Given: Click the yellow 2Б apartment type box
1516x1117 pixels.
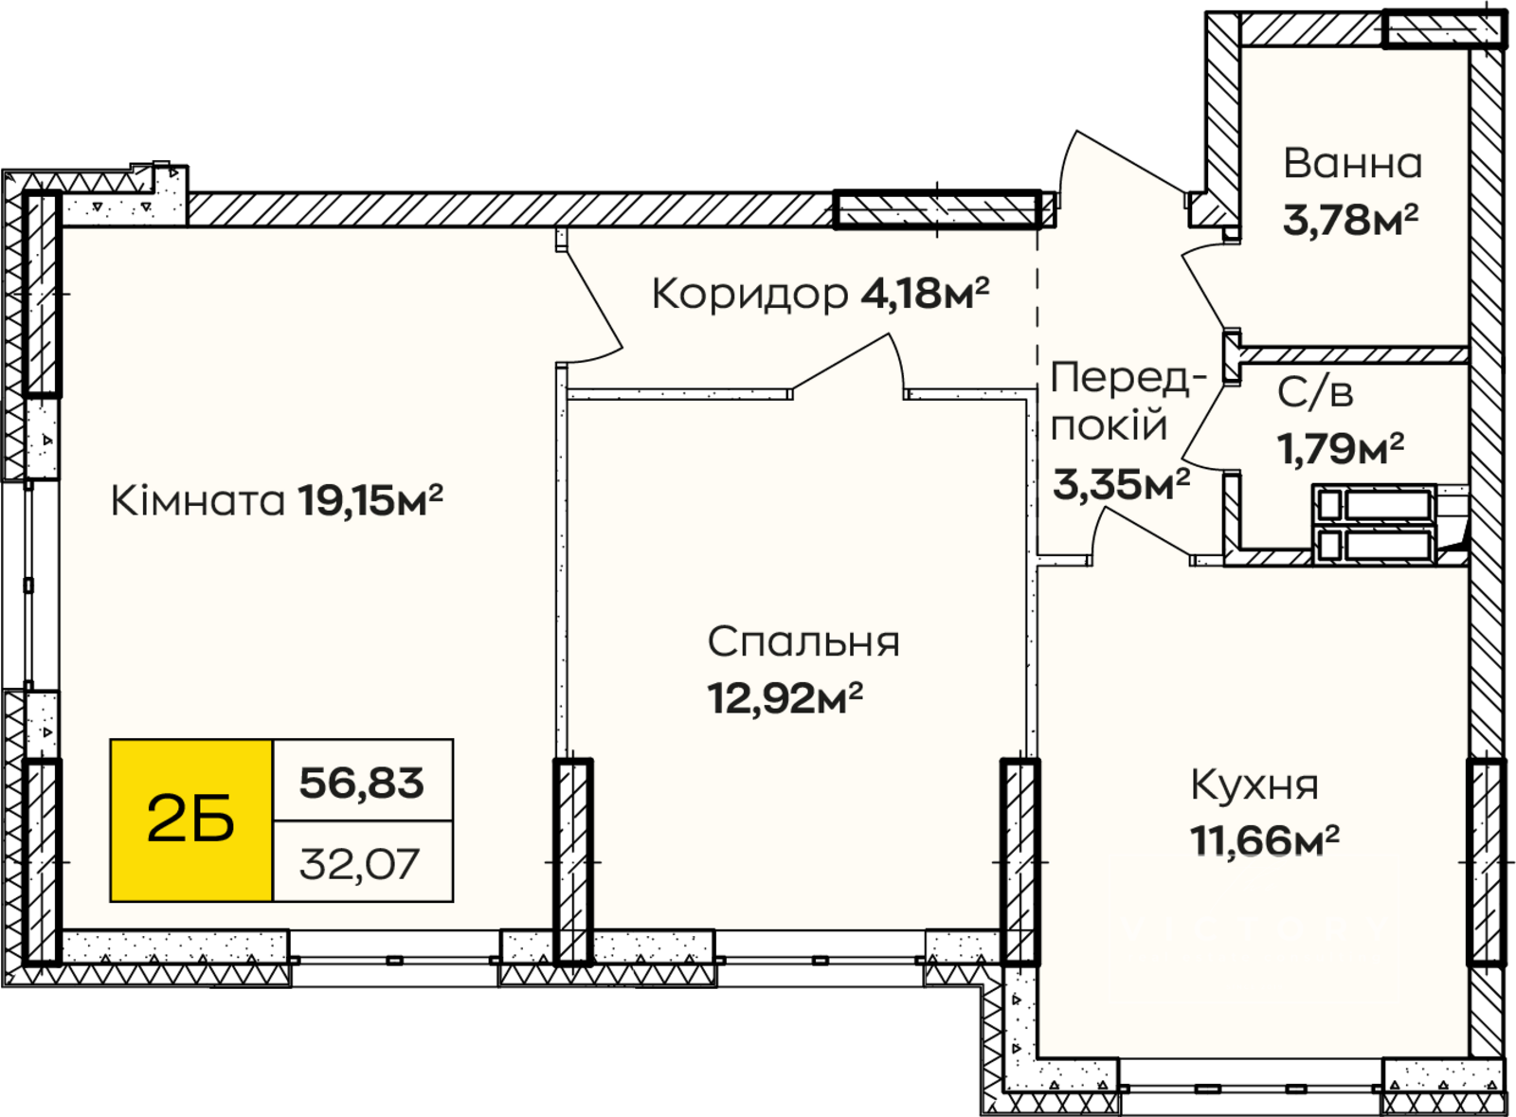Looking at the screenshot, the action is pos(191,820).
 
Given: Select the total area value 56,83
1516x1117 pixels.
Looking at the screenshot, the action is pos(362,783).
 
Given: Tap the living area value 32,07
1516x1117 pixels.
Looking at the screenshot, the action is pos(359,864).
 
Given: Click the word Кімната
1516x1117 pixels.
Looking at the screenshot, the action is pos(198,500).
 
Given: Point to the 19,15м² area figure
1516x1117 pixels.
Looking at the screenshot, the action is pos(370,500).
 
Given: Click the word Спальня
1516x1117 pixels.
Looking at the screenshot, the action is pos(803,641).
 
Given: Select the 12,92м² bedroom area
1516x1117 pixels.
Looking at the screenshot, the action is pos(785,697).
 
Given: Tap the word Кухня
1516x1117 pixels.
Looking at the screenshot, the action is pos(1254,785).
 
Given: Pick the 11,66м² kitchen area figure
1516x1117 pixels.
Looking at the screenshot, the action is pos(1265,841).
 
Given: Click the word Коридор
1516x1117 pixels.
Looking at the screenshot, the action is pos(749,295).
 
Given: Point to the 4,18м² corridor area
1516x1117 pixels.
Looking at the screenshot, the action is pos(925,293).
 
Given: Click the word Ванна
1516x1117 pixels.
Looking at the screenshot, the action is pos(1353,164).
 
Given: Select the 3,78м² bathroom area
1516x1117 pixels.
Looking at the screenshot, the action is pos(1350,219).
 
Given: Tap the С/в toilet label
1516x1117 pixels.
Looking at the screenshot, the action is pos(1315,392).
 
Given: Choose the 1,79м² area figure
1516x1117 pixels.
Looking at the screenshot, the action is pos(1341,448).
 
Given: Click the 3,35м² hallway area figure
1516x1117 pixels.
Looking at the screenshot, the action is pos(1122,484).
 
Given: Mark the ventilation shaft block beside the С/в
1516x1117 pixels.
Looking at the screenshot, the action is pos(1375,524).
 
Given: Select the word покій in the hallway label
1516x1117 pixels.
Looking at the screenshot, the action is pos(1109,424).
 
